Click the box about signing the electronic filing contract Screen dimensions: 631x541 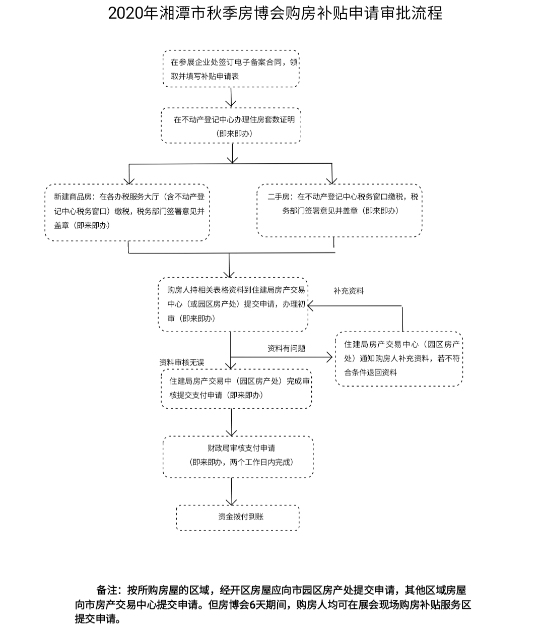click(x=231, y=69)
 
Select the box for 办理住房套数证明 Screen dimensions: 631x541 click(x=231, y=126)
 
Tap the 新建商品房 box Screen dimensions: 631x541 click(x=127, y=212)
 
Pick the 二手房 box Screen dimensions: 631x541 click(x=339, y=211)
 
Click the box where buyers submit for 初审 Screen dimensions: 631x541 click(x=233, y=304)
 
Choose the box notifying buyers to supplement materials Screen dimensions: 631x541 click(x=398, y=359)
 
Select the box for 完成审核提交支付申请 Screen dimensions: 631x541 click(x=236, y=388)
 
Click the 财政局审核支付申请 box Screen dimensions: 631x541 click(x=238, y=456)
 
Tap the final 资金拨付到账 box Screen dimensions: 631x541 click(x=238, y=517)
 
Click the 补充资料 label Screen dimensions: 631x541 click(x=348, y=291)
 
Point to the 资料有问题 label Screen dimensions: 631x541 click(x=286, y=348)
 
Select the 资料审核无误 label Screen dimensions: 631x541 click(x=182, y=362)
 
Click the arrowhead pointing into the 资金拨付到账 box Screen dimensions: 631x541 click(x=232, y=501)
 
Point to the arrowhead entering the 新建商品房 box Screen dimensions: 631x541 click(x=129, y=180)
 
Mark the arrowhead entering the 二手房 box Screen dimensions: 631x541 click(x=332, y=180)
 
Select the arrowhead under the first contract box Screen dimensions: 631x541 click(x=231, y=102)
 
